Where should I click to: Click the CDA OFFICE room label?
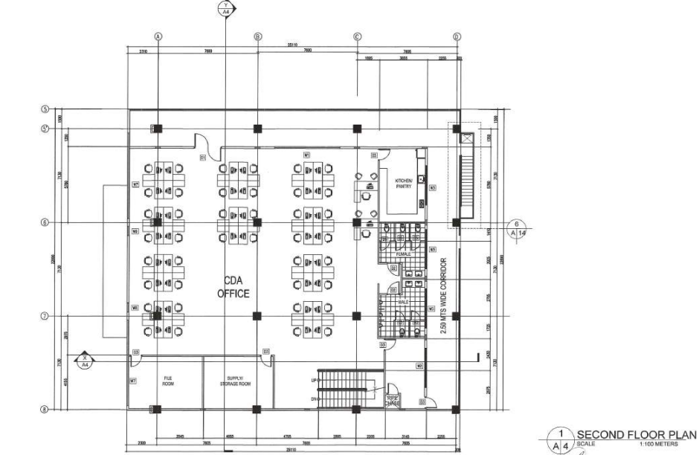[x=233, y=287]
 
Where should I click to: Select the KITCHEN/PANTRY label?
[x=403, y=184]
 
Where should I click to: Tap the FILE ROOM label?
[x=168, y=380]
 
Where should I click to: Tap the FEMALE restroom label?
[x=403, y=254]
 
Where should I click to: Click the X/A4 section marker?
[x=85, y=361]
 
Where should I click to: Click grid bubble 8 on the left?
[x=45, y=409]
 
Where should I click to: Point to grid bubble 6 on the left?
[x=45, y=222]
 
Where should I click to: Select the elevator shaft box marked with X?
[x=466, y=138]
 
